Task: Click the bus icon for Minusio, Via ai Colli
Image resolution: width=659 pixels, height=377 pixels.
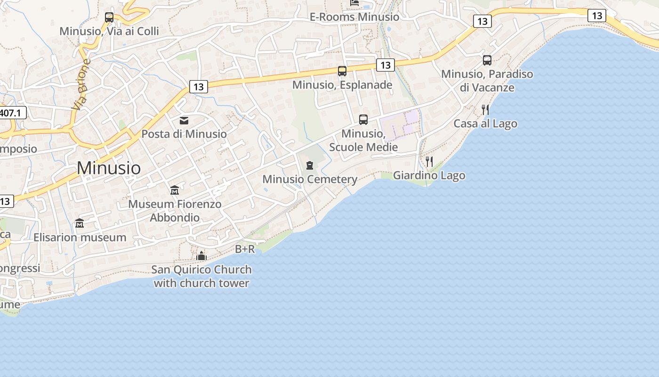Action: click(109, 17)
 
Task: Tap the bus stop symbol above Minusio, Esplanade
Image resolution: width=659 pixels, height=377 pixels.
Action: click(342, 71)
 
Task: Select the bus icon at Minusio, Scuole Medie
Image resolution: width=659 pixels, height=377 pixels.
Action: click(363, 120)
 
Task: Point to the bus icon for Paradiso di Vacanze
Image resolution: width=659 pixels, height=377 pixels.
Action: click(487, 60)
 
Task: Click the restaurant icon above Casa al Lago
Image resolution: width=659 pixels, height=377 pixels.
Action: click(485, 110)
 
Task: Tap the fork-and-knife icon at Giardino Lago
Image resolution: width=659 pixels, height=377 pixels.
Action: click(429, 162)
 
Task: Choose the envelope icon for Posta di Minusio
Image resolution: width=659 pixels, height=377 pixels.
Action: click(184, 121)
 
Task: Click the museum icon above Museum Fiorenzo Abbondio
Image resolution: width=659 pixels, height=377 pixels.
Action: click(175, 190)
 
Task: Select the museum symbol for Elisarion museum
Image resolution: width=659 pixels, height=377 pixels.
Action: click(80, 223)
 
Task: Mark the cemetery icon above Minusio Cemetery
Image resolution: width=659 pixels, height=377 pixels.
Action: click(310, 165)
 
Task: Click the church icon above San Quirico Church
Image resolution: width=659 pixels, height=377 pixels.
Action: click(201, 256)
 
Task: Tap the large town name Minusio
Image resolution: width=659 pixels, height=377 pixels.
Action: click(109, 168)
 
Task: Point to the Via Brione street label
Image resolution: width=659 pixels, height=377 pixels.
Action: click(81, 84)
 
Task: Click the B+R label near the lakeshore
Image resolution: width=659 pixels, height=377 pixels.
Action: click(245, 249)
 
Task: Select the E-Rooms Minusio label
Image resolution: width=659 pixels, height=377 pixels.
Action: click(354, 17)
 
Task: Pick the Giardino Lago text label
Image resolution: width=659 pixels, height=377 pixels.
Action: click(429, 176)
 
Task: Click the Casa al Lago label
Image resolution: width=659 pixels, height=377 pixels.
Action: click(485, 124)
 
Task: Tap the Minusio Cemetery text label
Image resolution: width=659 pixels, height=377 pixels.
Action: click(310, 180)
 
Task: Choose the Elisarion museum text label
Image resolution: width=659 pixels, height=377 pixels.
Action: click(80, 238)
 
